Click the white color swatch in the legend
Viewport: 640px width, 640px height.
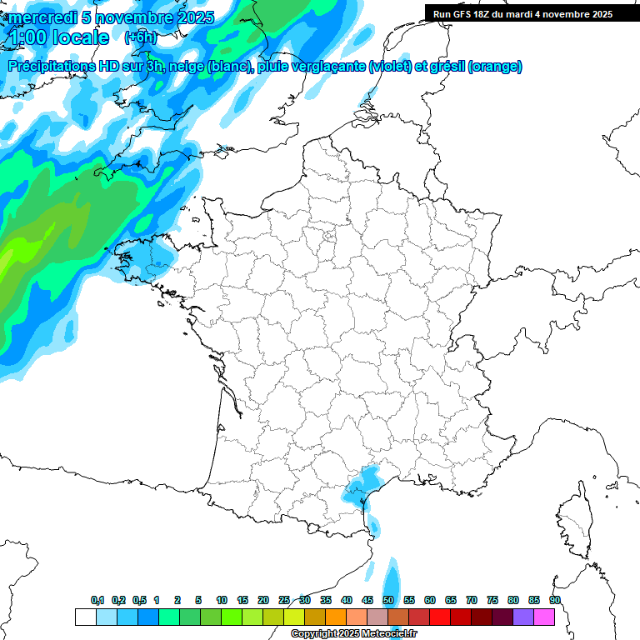85,617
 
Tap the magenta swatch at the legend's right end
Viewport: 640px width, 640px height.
544,617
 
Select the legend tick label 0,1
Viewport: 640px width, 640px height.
97,601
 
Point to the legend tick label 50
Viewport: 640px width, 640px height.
388,601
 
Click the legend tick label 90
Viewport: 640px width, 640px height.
555,601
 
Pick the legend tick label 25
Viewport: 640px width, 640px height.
284,601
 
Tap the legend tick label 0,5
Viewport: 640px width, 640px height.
139,601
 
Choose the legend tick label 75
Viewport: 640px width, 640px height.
492,601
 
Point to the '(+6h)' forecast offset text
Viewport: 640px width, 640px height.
140,38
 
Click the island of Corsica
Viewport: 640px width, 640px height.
573,521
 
